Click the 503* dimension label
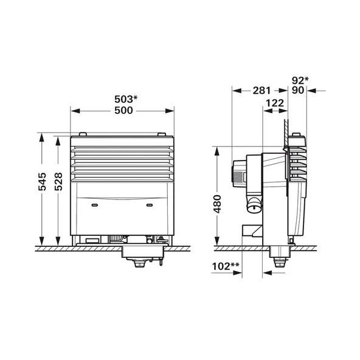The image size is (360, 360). pyautogui.click(x=126, y=99)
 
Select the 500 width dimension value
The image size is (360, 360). pyautogui.click(x=123, y=111)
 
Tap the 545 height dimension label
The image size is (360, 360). pyautogui.click(x=42, y=182)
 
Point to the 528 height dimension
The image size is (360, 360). pyautogui.click(x=58, y=182)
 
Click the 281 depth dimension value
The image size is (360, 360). pyautogui.click(x=261, y=91)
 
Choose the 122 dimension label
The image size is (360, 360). pyautogui.click(x=275, y=103)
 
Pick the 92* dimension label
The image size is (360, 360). pyautogui.click(x=300, y=80)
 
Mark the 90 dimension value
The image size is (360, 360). pyautogui.click(x=298, y=90)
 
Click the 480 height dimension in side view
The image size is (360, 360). pyautogui.click(x=217, y=204)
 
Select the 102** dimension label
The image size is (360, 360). pyautogui.click(x=226, y=266)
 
